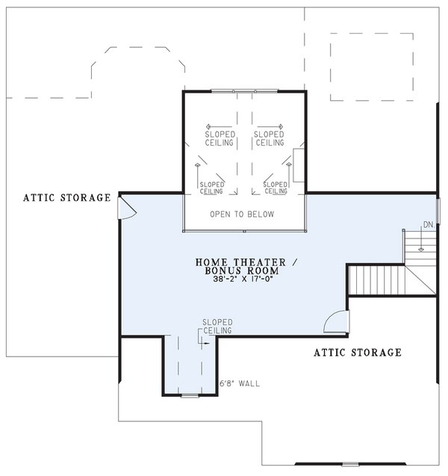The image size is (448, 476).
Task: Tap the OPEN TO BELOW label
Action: click(241, 214)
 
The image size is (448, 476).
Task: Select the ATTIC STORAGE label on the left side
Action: click(66, 198)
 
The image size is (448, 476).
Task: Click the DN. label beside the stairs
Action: click(429, 224)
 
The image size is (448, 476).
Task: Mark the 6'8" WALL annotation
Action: click(240, 385)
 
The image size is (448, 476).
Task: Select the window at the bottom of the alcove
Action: click(190, 395)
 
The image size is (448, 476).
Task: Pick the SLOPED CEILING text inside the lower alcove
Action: click(217, 327)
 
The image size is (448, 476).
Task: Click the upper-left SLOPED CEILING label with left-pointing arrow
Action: click(220, 138)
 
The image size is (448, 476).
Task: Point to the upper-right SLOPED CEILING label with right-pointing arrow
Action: click(269, 138)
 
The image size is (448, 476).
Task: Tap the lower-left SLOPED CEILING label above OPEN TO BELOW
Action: click(213, 187)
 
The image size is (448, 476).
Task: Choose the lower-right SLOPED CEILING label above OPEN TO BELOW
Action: click(276, 187)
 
